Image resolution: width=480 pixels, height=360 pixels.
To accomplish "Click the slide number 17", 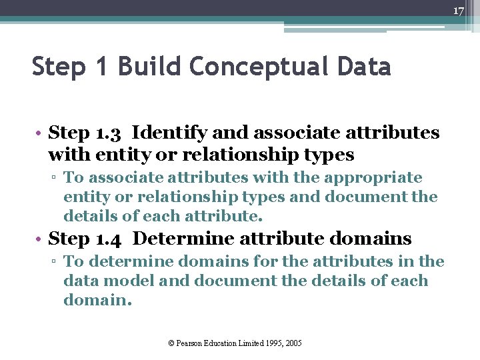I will tap(458, 11).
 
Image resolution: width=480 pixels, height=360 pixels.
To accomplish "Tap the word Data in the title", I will tap(364, 67).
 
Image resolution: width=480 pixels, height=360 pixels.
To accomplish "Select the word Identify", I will tap(172, 133).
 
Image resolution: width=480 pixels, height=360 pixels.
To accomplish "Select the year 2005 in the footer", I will tap(293, 343).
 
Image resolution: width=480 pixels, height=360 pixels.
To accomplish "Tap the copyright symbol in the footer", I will tap(171, 343).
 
